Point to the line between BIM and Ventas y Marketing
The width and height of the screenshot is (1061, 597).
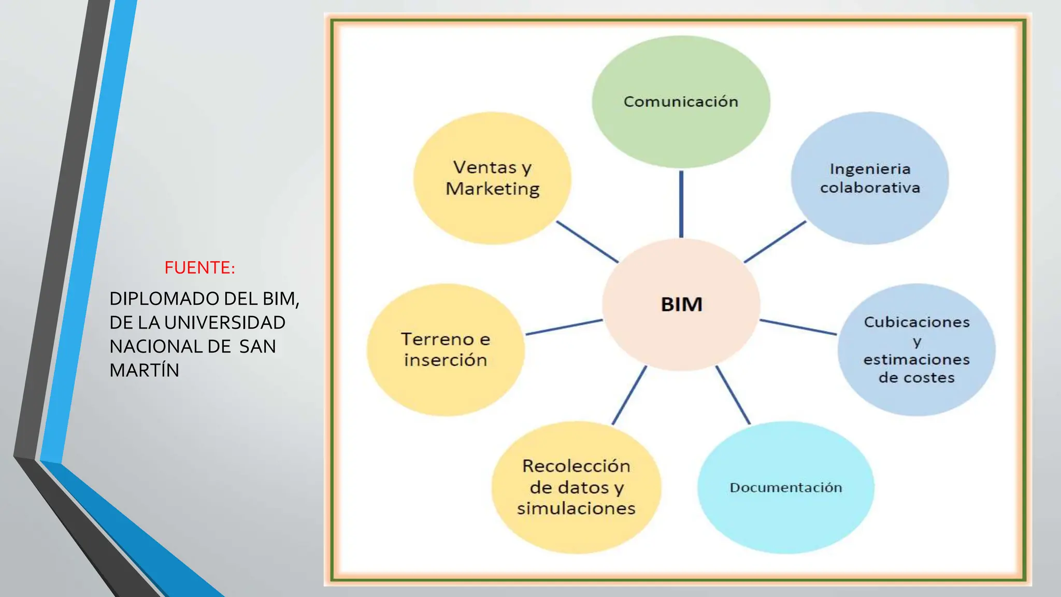click(x=587, y=241)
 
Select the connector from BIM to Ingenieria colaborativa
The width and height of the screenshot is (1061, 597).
click(x=775, y=241)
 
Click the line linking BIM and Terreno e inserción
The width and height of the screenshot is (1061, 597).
click(x=564, y=328)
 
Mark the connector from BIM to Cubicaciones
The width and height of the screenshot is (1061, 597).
click(x=798, y=328)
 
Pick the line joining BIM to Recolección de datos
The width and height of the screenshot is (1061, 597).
click(x=629, y=395)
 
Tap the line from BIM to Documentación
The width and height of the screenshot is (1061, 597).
click(x=733, y=395)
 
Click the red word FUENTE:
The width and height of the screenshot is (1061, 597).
click(x=199, y=268)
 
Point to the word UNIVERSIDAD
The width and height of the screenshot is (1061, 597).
click(x=225, y=323)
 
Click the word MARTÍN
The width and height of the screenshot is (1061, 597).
click(x=144, y=371)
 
